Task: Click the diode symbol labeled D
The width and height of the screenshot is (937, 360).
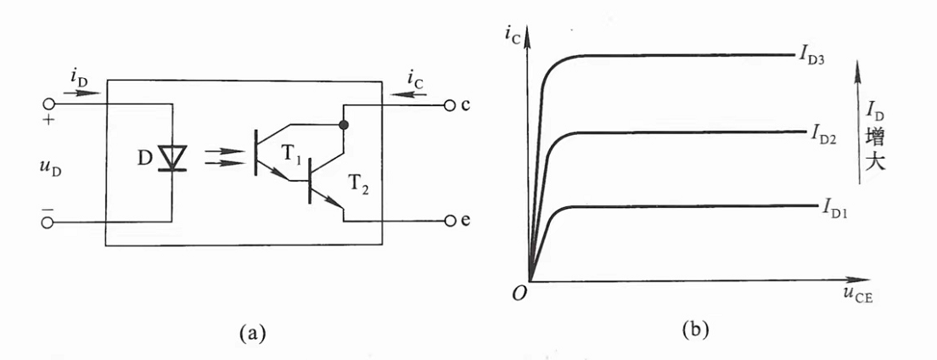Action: (173, 156)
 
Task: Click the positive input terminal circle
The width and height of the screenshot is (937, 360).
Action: (48, 107)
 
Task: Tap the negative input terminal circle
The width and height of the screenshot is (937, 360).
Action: (48, 222)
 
